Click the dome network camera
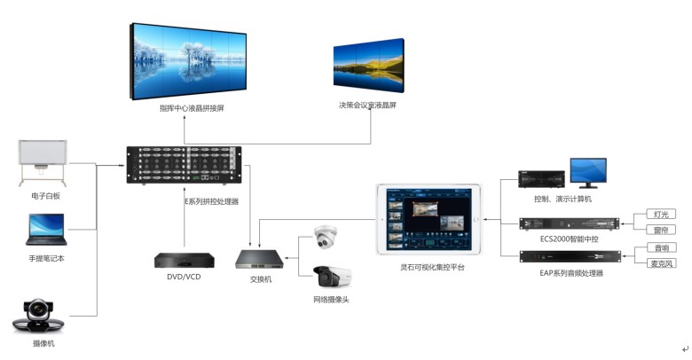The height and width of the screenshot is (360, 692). pos(326,239)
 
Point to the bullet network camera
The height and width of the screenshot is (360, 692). pos(332,276)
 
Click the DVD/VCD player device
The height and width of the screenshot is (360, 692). pos(185,261)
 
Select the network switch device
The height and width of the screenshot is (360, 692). pos(260,259)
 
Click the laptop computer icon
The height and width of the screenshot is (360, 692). pos(46,231)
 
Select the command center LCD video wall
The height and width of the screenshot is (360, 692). pos(186,59)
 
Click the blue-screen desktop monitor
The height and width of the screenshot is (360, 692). pos(588,173)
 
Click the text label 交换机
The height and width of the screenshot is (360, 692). pos(261,279)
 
